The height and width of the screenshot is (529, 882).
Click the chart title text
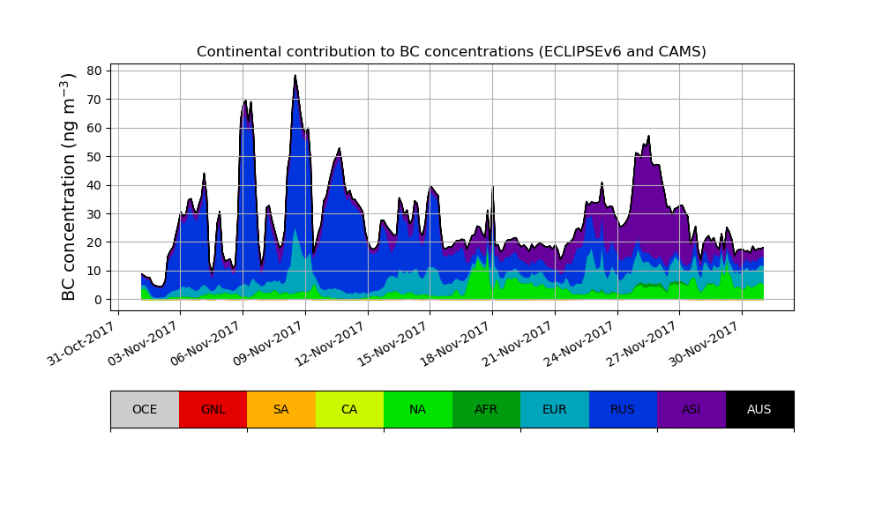click(x=451, y=52)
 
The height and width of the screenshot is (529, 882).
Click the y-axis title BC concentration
click(x=70, y=186)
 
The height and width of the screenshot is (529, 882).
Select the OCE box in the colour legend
click(x=145, y=409)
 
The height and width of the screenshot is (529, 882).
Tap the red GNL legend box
click(x=213, y=409)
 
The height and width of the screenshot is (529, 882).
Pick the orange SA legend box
click(x=280, y=409)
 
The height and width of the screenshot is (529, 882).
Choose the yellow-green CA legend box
click(x=349, y=409)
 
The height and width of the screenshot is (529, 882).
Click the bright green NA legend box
click(x=417, y=409)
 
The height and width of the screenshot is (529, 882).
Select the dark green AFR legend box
click(x=486, y=409)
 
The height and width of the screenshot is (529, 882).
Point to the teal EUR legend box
click(x=554, y=409)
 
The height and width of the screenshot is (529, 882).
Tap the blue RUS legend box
click(x=623, y=409)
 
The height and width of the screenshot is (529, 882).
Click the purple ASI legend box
click(x=691, y=409)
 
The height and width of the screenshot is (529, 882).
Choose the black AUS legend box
click(x=759, y=409)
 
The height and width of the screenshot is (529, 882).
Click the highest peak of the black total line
click(x=295, y=75)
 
